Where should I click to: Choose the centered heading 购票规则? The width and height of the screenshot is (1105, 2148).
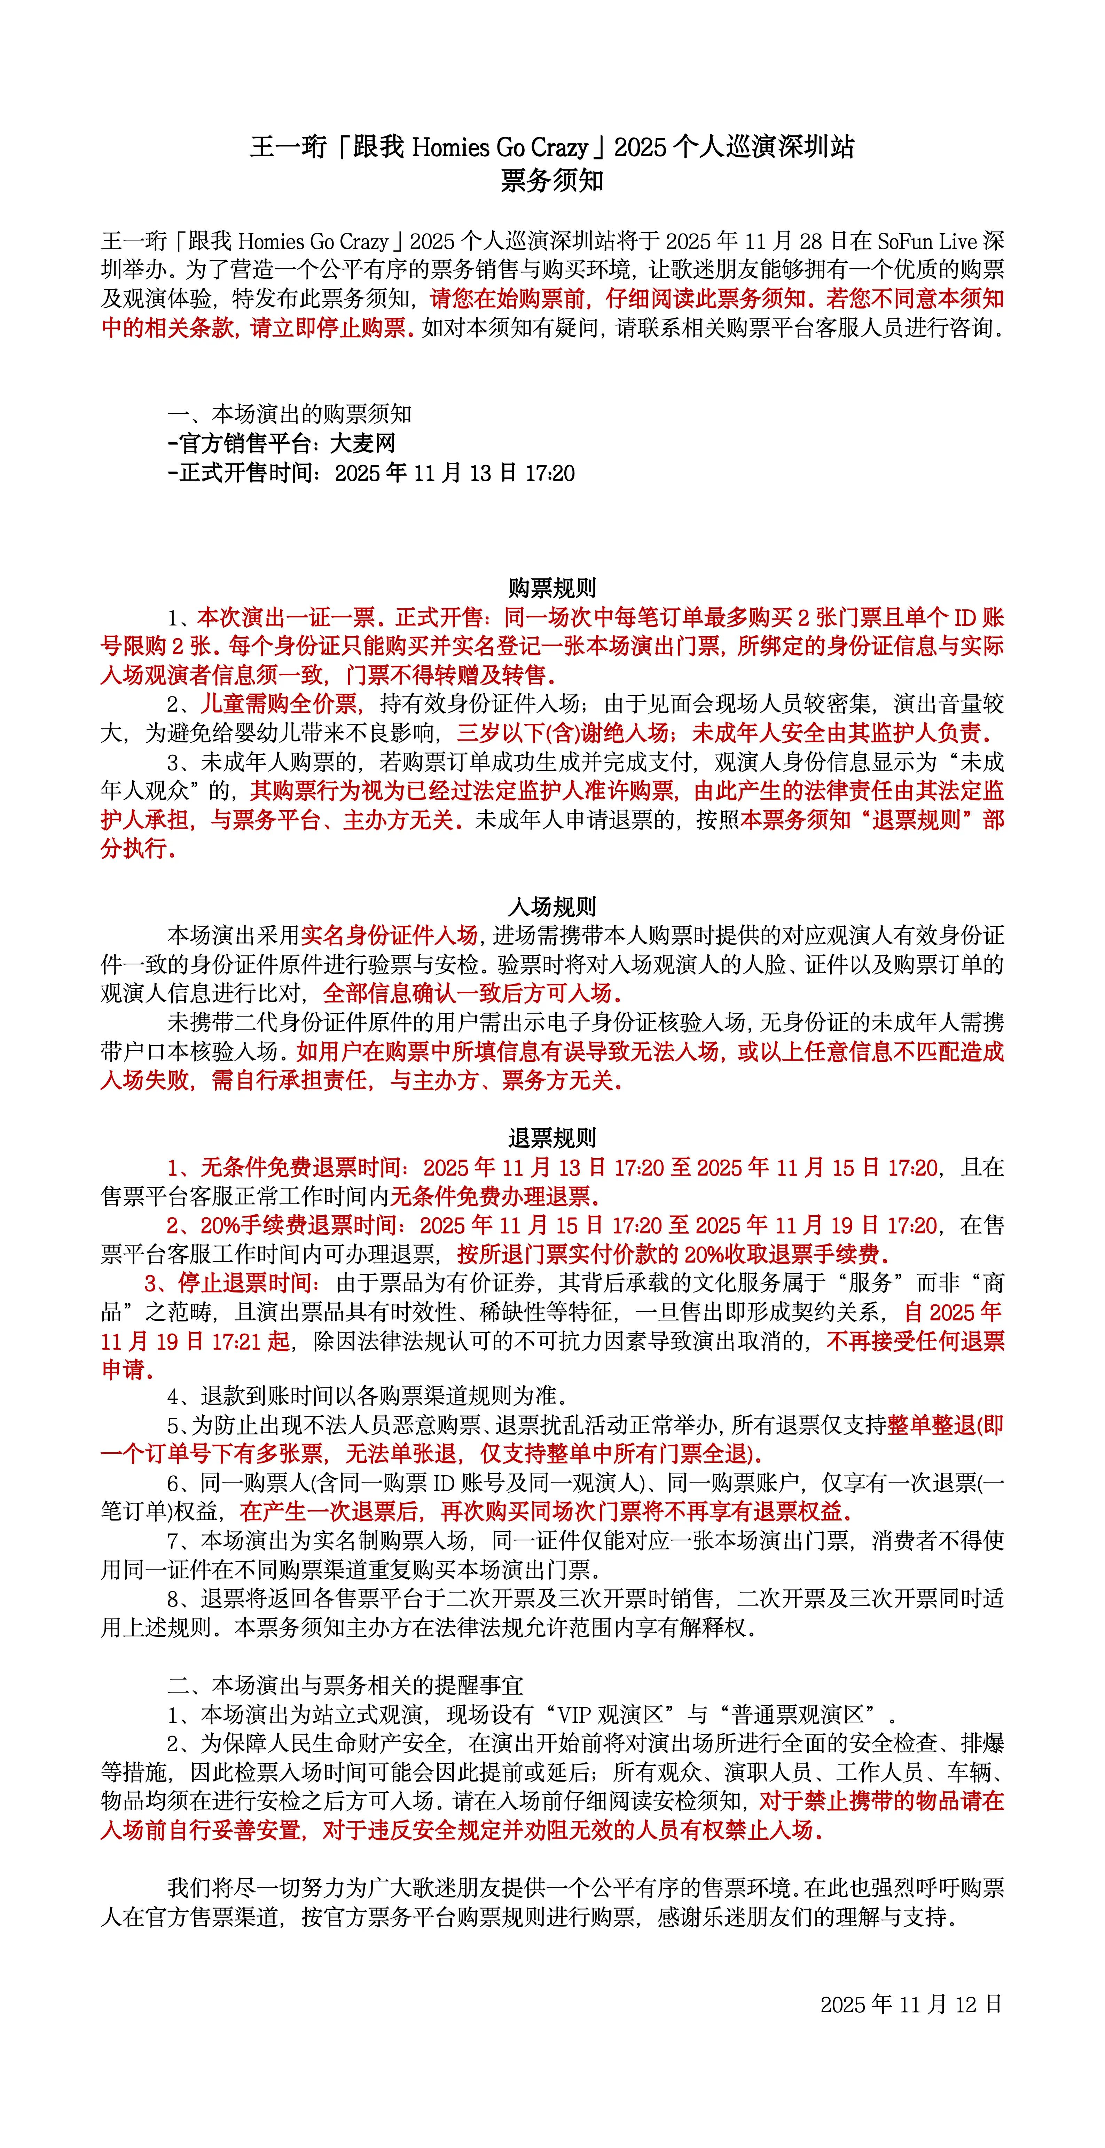point(552,588)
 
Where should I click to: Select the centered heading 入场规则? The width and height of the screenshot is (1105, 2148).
point(552,906)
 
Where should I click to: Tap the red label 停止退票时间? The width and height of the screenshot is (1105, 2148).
point(244,1283)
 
